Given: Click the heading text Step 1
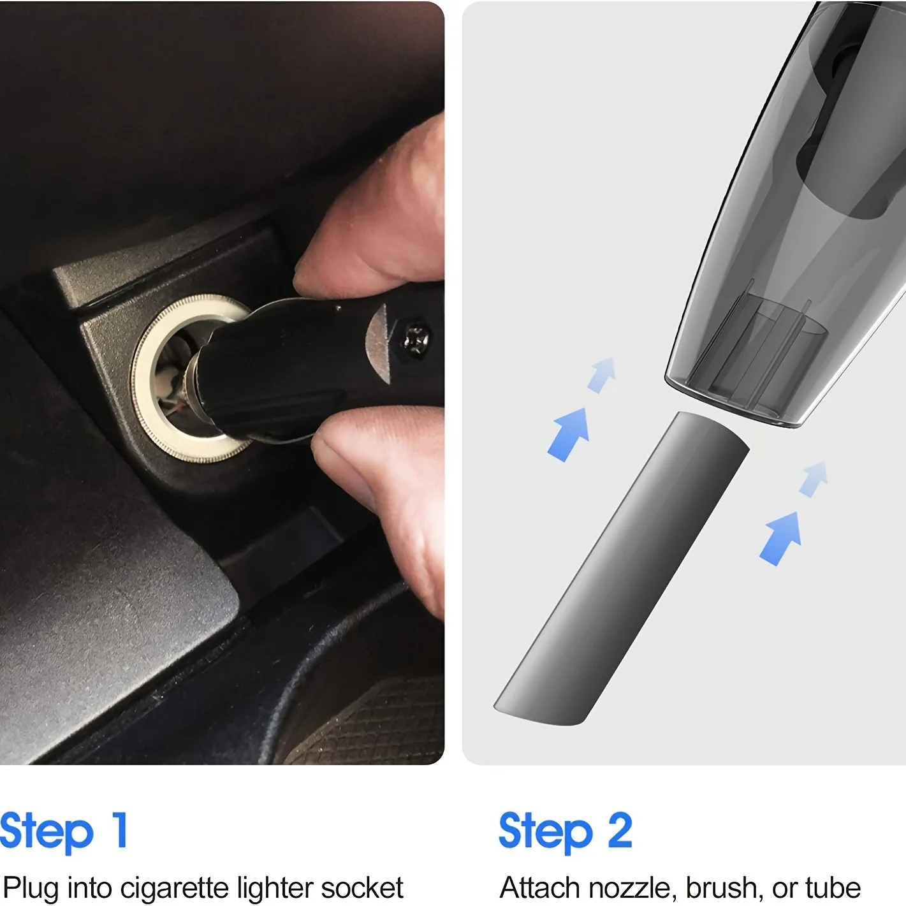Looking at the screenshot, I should [64, 831].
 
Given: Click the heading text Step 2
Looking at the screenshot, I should [565, 831].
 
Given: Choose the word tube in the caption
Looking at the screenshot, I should [833, 888].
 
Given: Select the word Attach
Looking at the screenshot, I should [541, 888].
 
